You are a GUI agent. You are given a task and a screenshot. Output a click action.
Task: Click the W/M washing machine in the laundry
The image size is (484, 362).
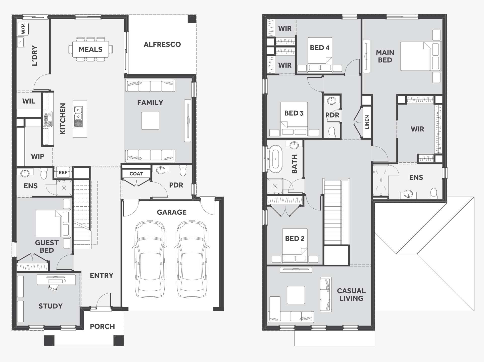23,29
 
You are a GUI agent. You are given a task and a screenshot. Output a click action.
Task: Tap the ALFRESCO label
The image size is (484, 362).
162,44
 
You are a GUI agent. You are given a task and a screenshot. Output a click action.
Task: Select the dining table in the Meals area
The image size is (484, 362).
90,49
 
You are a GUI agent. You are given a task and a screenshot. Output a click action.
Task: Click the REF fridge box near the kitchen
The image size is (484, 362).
63,172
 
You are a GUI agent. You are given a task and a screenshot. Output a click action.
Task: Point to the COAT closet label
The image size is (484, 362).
136,174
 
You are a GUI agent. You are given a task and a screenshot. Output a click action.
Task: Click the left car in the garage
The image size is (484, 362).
150,259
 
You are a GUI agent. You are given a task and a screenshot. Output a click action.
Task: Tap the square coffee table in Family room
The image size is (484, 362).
150,120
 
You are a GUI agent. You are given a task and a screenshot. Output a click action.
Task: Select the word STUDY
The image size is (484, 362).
51,306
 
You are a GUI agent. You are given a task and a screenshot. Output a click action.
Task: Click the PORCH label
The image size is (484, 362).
102,326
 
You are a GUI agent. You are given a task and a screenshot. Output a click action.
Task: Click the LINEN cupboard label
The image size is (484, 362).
367,122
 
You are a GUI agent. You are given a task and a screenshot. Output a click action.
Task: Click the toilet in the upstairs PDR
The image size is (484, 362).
332,132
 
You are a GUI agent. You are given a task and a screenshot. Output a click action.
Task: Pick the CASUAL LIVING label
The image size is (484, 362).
351,295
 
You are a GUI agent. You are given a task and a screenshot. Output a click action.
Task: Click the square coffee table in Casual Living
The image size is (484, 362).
296,295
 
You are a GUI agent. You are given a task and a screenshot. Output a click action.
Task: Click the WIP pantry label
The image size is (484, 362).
37,156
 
